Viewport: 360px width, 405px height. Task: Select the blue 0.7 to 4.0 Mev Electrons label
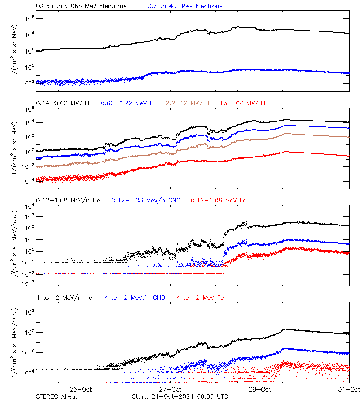click(x=185, y=6)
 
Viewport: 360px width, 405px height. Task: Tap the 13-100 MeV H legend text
click(x=243, y=103)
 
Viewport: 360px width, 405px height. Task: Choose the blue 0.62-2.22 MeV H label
click(x=127, y=103)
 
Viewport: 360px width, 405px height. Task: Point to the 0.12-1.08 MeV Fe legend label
click(x=219, y=200)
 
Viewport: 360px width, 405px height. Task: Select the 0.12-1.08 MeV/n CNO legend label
click(x=146, y=200)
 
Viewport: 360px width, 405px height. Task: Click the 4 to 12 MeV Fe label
click(x=200, y=297)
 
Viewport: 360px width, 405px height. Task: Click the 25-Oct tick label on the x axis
click(x=81, y=389)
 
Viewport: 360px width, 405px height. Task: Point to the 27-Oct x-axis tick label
click(x=170, y=389)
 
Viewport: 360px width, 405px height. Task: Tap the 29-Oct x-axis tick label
click(x=260, y=389)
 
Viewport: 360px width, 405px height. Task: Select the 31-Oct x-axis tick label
click(x=348, y=389)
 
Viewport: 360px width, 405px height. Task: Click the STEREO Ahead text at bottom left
click(x=57, y=396)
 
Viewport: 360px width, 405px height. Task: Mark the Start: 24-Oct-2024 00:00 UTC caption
click(x=180, y=396)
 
